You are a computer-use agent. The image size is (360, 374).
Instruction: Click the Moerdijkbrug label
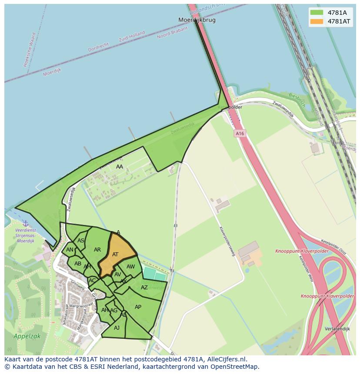(197, 20)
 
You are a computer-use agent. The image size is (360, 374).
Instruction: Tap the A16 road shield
(240, 134)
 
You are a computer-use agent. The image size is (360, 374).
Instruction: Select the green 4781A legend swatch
(317, 13)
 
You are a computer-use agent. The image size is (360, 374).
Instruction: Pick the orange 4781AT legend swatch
(317, 21)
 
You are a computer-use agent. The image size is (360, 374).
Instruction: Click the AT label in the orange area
(115, 255)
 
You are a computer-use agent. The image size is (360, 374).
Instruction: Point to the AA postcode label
(120, 166)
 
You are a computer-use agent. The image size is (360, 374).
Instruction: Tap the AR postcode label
(97, 250)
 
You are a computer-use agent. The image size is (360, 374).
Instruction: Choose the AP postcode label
(138, 307)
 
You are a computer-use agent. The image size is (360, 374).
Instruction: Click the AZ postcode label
(144, 288)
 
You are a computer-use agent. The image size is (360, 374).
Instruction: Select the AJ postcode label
(117, 328)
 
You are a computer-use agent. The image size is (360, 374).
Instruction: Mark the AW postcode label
(130, 267)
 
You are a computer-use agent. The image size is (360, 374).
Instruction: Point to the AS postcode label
(81, 241)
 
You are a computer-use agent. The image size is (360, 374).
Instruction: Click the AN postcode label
(70, 250)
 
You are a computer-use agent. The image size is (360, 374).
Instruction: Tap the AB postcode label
(78, 264)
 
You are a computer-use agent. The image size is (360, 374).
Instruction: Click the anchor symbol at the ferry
(26, 223)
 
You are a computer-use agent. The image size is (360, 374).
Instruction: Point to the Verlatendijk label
(337, 329)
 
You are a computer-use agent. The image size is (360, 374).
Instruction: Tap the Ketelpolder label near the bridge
(230, 107)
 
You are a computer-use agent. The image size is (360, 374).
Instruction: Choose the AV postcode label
(117, 275)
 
